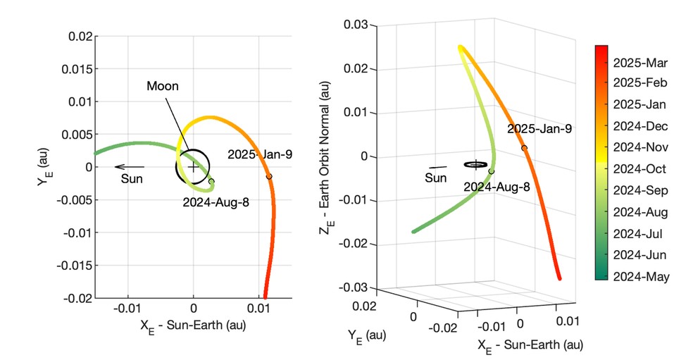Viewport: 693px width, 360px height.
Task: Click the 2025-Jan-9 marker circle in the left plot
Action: coord(269,176)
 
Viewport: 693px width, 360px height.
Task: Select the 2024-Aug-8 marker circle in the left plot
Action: coord(211,182)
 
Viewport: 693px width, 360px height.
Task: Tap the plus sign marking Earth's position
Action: coord(193,168)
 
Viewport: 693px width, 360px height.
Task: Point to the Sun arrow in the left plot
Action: coord(130,167)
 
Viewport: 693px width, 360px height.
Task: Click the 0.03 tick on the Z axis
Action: coord(356,25)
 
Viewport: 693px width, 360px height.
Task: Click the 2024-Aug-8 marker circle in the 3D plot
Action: coord(492,171)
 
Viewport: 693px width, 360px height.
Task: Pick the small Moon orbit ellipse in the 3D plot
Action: coord(476,164)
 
